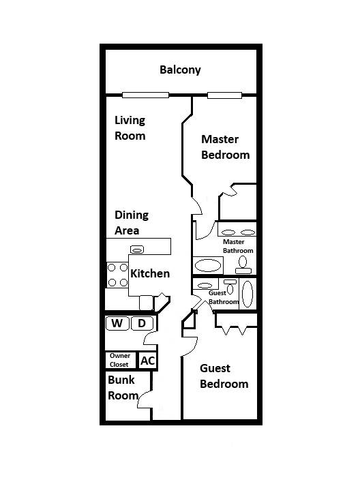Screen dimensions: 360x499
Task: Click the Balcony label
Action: pyautogui.click(x=180, y=70)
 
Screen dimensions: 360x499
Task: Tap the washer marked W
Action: pyautogui.click(x=117, y=323)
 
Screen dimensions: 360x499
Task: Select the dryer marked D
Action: pyautogui.click(x=142, y=323)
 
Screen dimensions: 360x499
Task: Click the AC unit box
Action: pyautogui.click(x=147, y=361)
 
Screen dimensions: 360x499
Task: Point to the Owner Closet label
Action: pyautogui.click(x=120, y=360)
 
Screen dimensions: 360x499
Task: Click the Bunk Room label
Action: pyautogui.click(x=123, y=388)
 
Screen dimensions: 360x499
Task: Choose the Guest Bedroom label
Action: pyautogui.click(x=224, y=376)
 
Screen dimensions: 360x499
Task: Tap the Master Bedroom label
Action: pyautogui.click(x=226, y=147)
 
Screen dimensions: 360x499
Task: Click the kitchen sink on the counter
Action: pyautogui.click(x=137, y=249)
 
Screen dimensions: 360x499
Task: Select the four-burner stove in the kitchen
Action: pyautogui.click(x=117, y=275)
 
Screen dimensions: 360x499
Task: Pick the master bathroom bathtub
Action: pyautogui.click(x=208, y=265)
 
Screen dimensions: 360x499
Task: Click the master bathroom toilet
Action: pyautogui.click(x=243, y=265)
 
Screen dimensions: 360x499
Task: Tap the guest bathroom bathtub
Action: pyautogui.click(x=247, y=294)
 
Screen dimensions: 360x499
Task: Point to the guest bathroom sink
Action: pyautogui.click(x=205, y=285)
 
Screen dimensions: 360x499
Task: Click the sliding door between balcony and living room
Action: pyautogui.click(x=145, y=95)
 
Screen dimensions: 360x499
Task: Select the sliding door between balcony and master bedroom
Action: pyautogui.click(x=224, y=95)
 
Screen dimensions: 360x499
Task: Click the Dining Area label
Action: pyautogui.click(x=132, y=222)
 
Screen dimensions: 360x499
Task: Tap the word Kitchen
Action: pyautogui.click(x=150, y=273)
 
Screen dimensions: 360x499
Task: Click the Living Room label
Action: pyautogui.click(x=130, y=128)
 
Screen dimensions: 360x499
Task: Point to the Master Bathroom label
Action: pyautogui.click(x=238, y=246)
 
